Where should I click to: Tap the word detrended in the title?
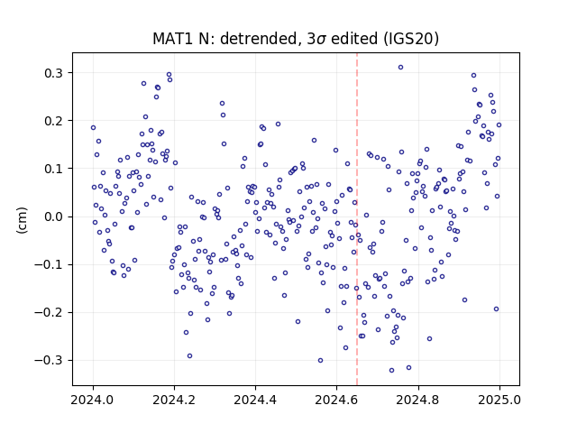259,39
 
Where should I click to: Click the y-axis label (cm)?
22,220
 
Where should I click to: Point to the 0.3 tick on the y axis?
54,73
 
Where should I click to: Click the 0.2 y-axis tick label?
54,121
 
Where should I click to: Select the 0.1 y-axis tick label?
54,169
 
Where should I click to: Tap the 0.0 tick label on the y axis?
54,216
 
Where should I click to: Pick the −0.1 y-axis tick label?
49,264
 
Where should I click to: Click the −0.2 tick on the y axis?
49,312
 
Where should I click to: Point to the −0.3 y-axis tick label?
49,360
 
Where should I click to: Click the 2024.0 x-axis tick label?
93,400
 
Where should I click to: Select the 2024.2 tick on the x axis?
174,400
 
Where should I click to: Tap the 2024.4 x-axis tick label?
255,400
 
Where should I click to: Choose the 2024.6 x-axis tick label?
336,400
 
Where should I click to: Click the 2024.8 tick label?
418,400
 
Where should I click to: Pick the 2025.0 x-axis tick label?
499,400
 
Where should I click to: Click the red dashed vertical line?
357,219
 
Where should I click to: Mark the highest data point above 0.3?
400,67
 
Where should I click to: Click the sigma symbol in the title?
322,40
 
